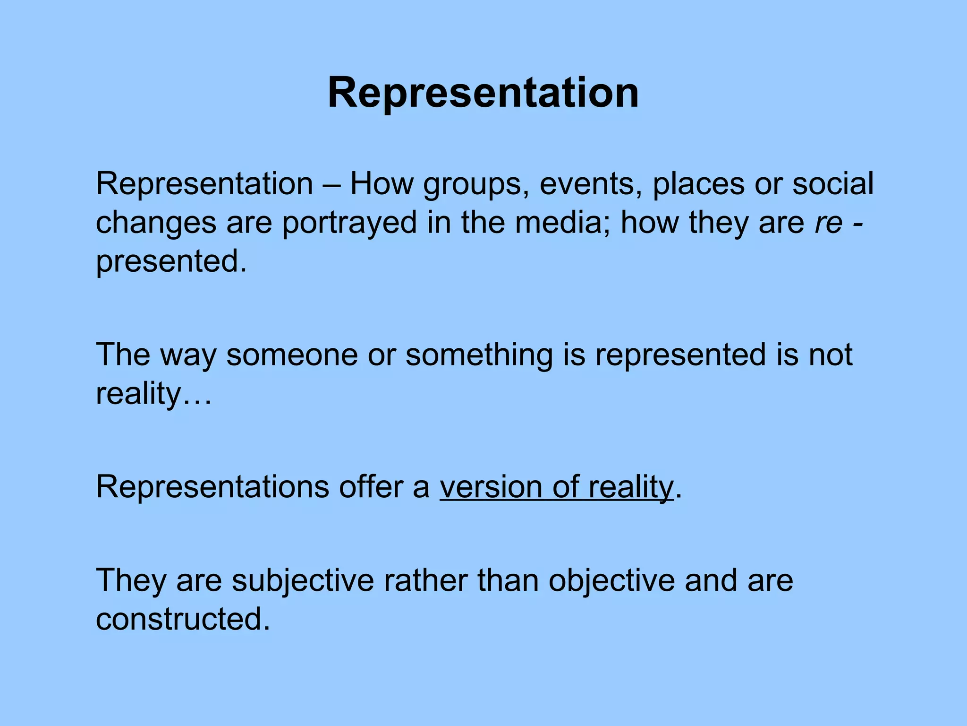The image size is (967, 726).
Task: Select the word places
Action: coord(698,184)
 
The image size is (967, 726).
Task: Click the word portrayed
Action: coord(349,223)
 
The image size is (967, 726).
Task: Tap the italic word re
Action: coord(828,223)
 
